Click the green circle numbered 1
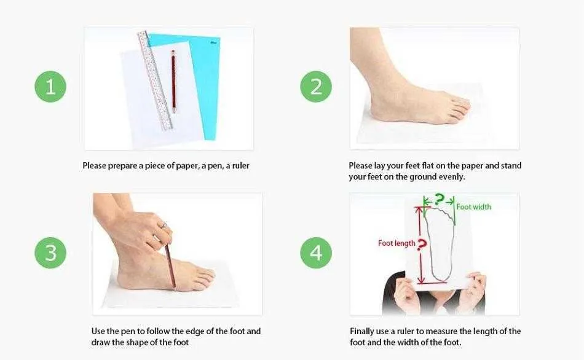[x=50, y=87]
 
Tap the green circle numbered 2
[x=316, y=87]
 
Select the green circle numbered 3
[x=50, y=252]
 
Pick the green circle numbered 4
[x=316, y=252]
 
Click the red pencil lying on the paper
[x=173, y=82]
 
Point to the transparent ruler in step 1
[x=155, y=80]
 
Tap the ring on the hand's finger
[x=164, y=225]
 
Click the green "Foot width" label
[x=474, y=207]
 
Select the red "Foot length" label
[x=397, y=243]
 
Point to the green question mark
[x=440, y=200]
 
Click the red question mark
[x=422, y=245]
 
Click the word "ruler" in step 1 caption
[x=240, y=166]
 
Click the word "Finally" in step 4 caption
[x=361, y=331]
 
